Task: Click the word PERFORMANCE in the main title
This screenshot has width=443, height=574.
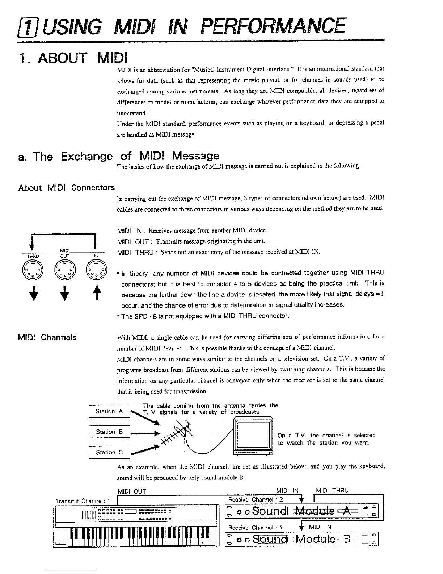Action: [x=273, y=26]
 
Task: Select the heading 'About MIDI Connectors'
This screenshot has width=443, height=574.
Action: [x=66, y=188]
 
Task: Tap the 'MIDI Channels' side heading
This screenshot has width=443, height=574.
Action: [x=47, y=337]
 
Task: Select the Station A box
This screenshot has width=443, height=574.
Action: [x=109, y=412]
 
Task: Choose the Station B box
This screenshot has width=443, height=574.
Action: [x=109, y=432]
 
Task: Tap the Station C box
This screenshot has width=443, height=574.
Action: [x=109, y=452]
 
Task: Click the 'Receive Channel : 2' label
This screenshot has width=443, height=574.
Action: [x=256, y=500]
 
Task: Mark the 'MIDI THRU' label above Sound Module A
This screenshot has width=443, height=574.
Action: [x=332, y=491]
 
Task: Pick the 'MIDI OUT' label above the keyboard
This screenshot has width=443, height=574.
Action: [x=132, y=491]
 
